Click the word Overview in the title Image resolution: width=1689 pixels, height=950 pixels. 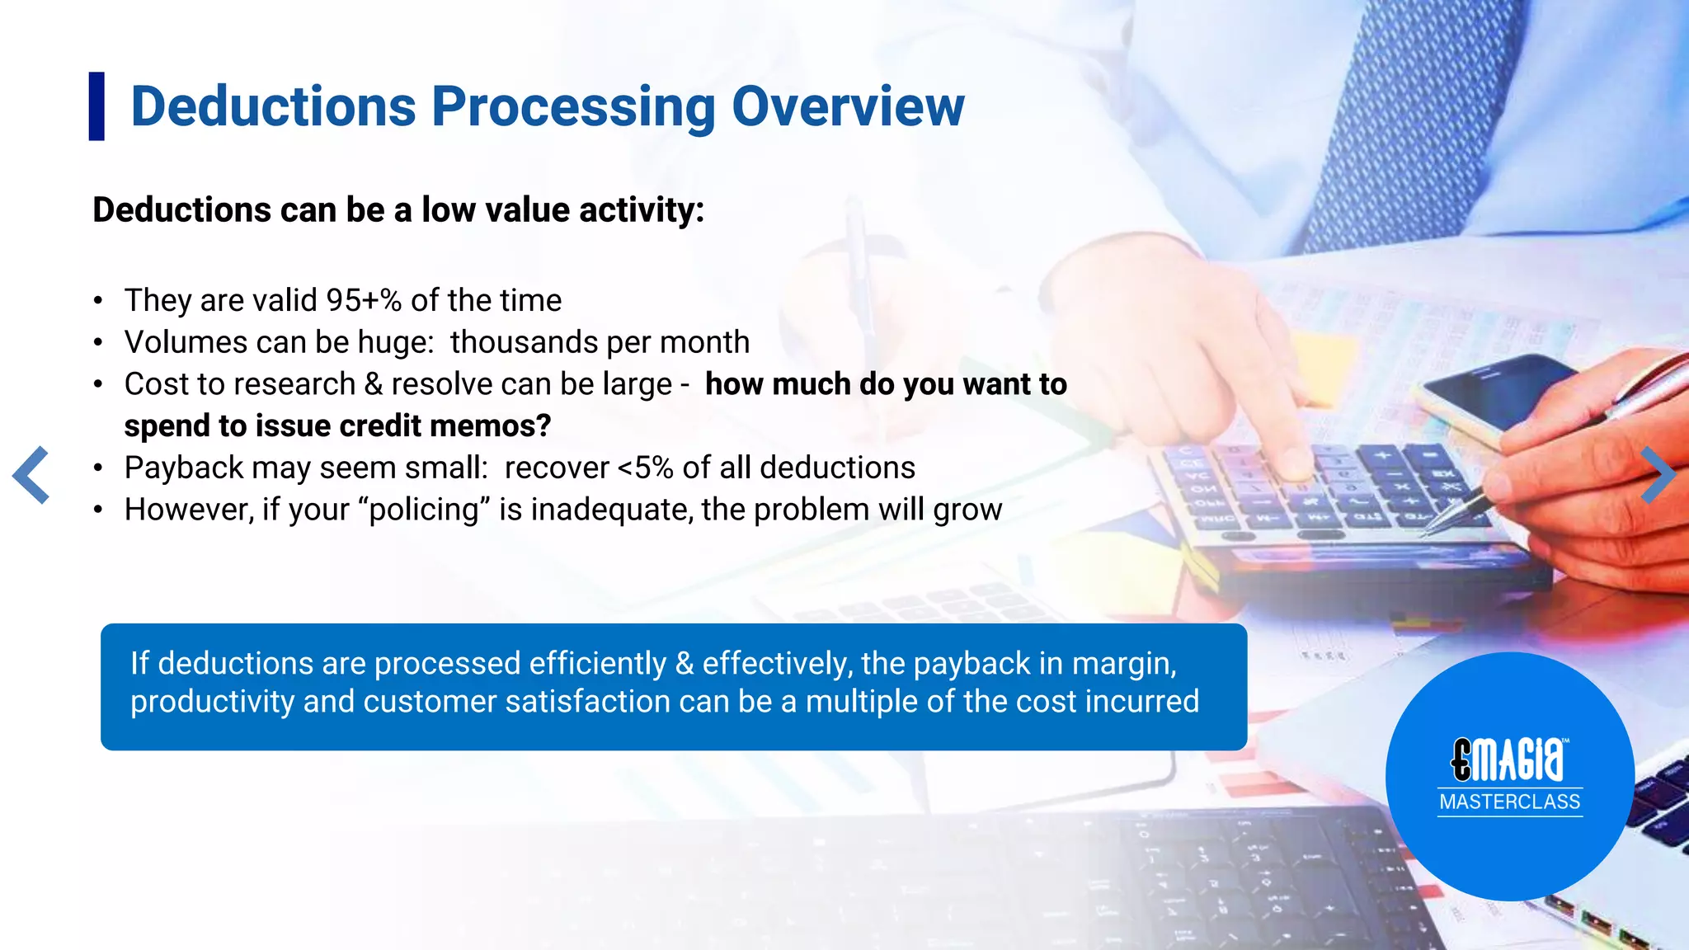pyautogui.click(x=848, y=107)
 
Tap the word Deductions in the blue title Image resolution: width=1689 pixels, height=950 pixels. pyautogui.click(x=273, y=107)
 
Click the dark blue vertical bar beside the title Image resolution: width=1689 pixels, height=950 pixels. pyautogui.click(x=96, y=106)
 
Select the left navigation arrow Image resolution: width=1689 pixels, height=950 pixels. pyautogui.click(x=31, y=475)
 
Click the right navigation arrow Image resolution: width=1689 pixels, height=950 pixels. pyautogui.click(x=1657, y=475)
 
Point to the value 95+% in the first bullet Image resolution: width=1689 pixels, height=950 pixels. pyautogui.click(x=363, y=300)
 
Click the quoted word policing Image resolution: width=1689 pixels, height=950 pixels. pyautogui.click(x=424, y=510)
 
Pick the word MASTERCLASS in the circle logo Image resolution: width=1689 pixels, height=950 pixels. pyautogui.click(x=1509, y=802)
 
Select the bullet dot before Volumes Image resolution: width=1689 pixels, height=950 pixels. pyautogui.click(x=98, y=342)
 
